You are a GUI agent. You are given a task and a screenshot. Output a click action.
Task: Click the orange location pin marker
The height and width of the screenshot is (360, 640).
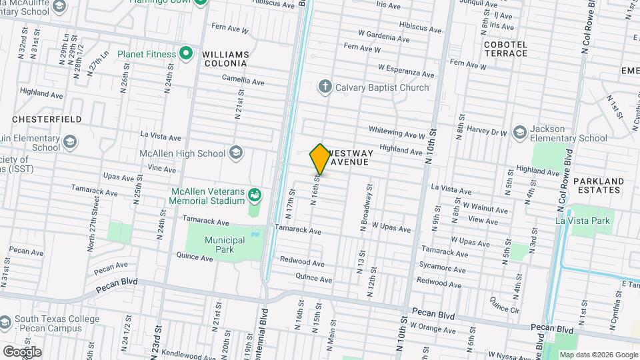pos(320,159)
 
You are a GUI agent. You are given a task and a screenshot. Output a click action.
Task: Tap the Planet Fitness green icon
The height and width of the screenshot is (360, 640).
pos(186,54)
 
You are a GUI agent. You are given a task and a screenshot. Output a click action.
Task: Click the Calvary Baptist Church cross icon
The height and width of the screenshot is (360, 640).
pos(325,87)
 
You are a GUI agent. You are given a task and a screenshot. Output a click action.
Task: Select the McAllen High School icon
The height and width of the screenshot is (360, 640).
pos(235,153)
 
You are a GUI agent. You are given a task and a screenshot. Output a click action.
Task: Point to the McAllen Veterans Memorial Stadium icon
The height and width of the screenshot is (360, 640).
pos(254,195)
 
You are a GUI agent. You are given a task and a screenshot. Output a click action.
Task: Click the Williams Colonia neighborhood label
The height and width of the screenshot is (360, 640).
pos(225,59)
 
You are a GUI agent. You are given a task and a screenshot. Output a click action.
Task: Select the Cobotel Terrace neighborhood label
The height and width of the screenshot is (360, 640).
pos(506,49)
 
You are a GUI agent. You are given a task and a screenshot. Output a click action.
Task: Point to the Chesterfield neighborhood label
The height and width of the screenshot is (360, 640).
pos(47,119)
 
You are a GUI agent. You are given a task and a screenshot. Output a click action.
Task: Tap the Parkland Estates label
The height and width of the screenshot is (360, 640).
pos(599,185)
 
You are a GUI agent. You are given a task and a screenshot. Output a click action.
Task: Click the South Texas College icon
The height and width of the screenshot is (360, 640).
pos(5,323)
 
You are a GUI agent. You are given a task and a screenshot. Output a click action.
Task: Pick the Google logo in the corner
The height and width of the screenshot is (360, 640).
pos(22,351)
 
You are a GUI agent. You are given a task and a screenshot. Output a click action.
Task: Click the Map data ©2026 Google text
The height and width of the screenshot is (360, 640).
pos(597,355)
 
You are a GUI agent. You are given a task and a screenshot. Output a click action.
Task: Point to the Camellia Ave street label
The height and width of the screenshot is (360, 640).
pos(243,81)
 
